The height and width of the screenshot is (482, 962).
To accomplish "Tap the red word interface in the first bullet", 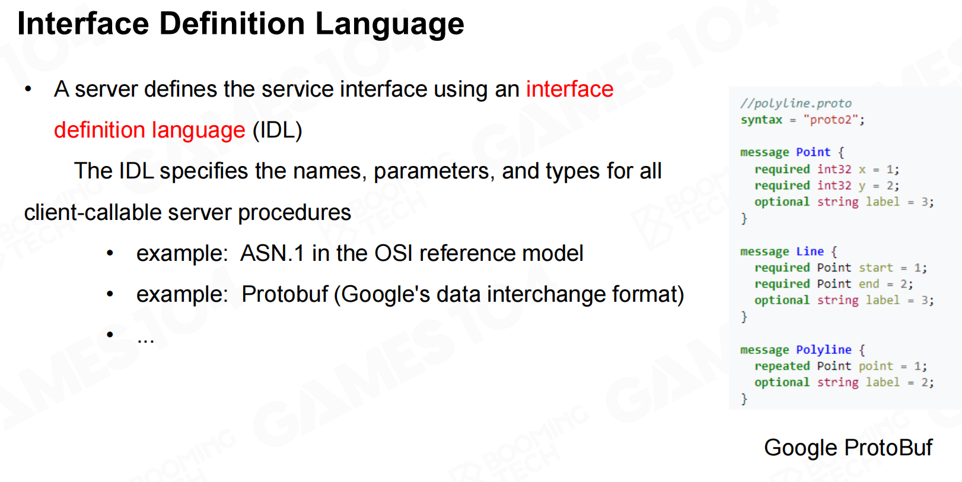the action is tap(570, 90).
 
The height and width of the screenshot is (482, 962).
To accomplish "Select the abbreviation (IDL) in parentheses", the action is tap(278, 130).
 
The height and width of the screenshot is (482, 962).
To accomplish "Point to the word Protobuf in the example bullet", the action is tap(285, 295).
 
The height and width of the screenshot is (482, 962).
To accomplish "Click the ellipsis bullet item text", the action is tap(145, 340).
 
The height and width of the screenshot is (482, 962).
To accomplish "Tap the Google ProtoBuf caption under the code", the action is tap(848, 448).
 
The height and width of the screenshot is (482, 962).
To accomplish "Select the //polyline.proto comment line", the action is tap(796, 103).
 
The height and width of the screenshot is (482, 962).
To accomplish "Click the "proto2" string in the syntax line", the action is tap(830, 120).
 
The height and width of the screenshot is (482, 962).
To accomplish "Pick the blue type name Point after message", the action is tap(813, 152).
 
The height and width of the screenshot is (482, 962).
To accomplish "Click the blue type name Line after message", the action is tap(810, 251).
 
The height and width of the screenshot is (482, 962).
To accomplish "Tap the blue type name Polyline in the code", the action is tap(824, 350).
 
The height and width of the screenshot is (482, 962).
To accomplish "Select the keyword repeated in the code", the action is tap(782, 366).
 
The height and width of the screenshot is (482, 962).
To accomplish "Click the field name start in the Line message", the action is tap(875, 268).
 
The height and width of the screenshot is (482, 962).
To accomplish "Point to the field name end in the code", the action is tap(869, 284).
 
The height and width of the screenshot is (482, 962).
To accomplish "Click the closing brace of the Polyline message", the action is tap(744, 399).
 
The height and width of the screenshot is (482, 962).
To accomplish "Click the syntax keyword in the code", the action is tap(762, 120).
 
